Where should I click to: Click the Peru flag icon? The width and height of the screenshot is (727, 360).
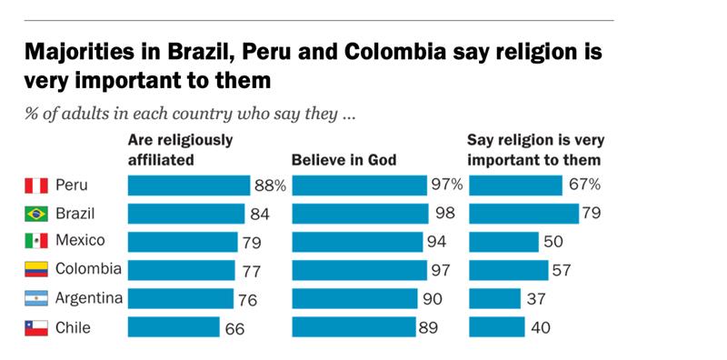(35, 186)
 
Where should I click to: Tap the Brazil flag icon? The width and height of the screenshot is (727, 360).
(35, 215)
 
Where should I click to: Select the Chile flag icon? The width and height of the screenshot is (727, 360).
(35, 327)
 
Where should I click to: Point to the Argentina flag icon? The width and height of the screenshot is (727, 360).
(35, 299)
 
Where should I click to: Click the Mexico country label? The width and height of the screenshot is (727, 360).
(80, 242)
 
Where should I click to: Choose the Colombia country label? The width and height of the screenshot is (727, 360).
(87, 270)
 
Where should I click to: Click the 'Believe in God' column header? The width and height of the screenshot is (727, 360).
(344, 160)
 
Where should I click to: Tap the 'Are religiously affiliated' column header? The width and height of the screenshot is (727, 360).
(180, 150)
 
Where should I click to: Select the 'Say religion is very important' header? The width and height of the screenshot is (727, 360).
(535, 150)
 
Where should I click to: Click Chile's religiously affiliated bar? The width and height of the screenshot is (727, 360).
(174, 327)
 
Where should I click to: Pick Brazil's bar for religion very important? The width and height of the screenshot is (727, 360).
(523, 215)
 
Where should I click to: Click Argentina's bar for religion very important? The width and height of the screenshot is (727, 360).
(494, 299)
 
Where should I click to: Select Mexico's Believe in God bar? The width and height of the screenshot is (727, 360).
(357, 243)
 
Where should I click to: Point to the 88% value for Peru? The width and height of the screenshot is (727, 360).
(270, 186)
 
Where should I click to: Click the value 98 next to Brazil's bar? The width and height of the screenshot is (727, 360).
(443, 215)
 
